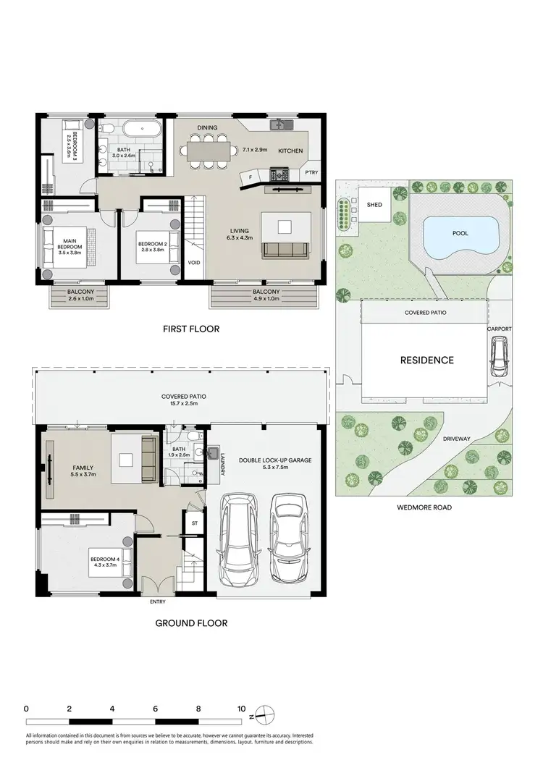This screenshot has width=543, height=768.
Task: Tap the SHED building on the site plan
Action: point(375,205)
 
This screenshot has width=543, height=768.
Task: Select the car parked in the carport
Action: point(500,358)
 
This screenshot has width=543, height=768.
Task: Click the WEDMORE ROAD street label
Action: point(424,507)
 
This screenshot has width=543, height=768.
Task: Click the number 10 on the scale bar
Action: point(241,709)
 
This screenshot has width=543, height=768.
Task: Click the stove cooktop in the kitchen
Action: point(279,174)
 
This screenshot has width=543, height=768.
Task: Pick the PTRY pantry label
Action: point(311,172)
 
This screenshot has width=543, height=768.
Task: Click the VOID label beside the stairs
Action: point(194,263)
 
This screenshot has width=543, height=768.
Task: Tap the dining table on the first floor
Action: point(211,151)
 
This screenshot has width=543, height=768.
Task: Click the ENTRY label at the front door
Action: point(157,602)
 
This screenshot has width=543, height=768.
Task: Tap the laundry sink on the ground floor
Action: point(214,455)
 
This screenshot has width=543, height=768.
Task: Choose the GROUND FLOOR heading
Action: point(191,623)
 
